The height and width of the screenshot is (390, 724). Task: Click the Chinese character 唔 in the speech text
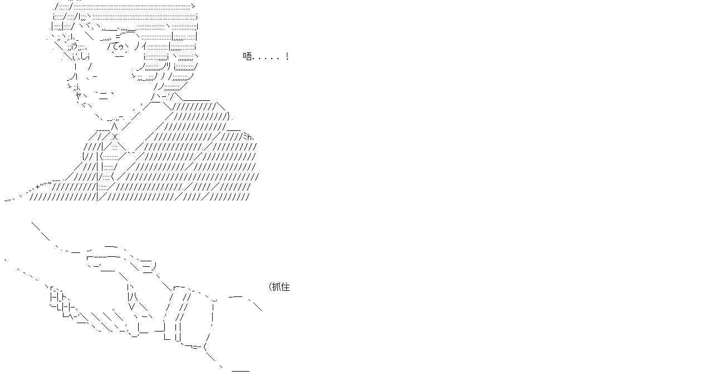click(247, 57)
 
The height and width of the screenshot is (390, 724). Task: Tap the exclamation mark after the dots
click(287, 57)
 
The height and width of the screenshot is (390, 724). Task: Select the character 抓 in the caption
click(276, 287)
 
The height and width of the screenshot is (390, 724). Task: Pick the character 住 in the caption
click(285, 287)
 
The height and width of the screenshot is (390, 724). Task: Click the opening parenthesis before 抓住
click(270, 287)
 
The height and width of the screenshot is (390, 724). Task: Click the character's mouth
click(104, 95)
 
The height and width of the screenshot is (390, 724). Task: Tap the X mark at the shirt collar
click(115, 136)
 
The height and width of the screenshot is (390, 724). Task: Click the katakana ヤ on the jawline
click(79, 95)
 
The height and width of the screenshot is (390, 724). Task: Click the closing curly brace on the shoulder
click(229, 116)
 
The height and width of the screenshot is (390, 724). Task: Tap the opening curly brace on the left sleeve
click(84, 157)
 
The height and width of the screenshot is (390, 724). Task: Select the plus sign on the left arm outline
click(38, 187)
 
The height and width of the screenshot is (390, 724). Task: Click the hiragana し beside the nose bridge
click(84, 57)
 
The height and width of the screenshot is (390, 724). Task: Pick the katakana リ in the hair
click(169, 66)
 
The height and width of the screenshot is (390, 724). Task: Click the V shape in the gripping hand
click(131, 306)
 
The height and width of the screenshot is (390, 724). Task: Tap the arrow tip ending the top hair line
click(193, 6)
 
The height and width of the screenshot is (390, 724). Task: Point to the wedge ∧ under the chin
click(114, 125)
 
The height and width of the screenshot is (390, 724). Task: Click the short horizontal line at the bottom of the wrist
click(241, 371)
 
